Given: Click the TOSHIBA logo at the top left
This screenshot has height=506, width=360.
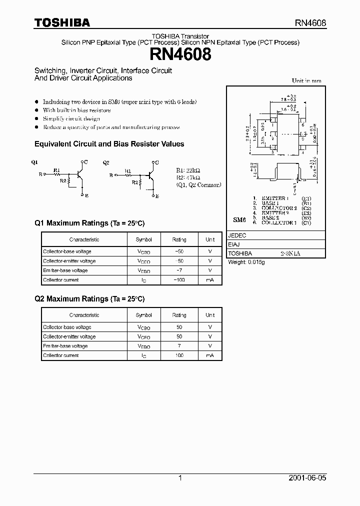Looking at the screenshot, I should point(62,22).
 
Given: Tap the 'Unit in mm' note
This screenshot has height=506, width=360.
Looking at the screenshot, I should point(306,80).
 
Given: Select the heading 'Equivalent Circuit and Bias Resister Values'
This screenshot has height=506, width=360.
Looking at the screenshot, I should point(109,144).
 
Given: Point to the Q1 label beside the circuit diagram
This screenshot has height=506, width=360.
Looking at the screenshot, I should point(34,162).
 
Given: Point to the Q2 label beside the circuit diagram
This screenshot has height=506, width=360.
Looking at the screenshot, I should point(105,162).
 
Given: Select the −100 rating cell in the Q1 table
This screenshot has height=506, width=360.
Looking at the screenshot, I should point(179,280).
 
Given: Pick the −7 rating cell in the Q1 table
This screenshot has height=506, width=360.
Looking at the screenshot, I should point(179,270).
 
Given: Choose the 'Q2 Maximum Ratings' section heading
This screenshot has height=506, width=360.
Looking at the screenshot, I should point(89,299).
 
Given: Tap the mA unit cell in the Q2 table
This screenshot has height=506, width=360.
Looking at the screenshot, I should point(210,355).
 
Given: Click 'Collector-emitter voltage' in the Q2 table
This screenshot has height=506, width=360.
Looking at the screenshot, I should point(69,336).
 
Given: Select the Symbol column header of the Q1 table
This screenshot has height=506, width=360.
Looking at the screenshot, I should point(143,239).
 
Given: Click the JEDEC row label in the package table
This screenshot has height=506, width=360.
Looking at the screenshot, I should point(236,235).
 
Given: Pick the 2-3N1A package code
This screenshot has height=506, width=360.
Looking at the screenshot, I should point(290,254).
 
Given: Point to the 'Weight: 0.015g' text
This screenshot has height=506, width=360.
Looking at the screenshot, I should point(246,262).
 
